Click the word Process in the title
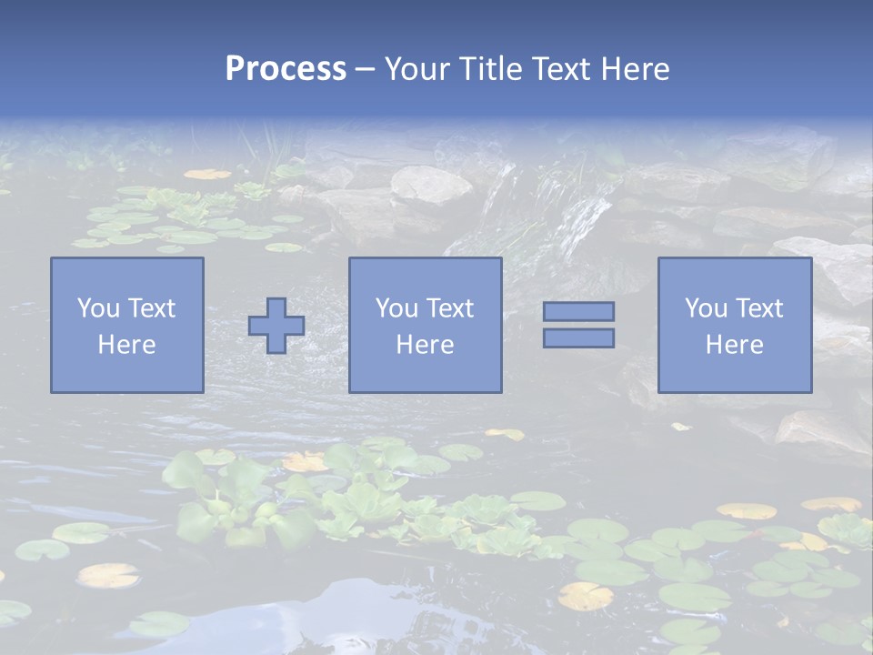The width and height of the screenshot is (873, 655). [x=286, y=69]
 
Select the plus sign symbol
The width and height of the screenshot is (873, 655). [x=276, y=326]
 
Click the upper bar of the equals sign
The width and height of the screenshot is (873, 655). [x=578, y=311]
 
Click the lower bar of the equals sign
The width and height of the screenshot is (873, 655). [x=578, y=338]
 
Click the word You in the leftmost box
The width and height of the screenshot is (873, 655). [x=97, y=308]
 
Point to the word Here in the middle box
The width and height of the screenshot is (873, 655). [x=425, y=345]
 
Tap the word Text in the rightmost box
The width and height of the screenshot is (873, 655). [x=758, y=308]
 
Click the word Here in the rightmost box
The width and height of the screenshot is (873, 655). [x=735, y=345]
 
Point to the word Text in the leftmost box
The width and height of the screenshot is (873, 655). [x=151, y=308]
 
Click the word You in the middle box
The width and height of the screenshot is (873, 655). [x=396, y=308]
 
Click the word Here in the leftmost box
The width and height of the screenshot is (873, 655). [x=127, y=345]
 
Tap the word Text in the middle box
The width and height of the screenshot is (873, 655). [x=449, y=308]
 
